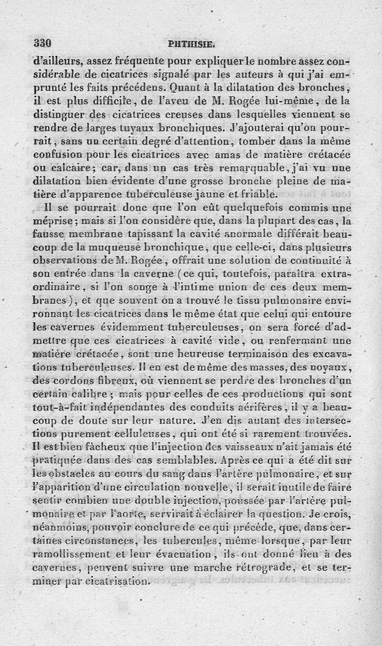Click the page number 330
pos(42,43)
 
